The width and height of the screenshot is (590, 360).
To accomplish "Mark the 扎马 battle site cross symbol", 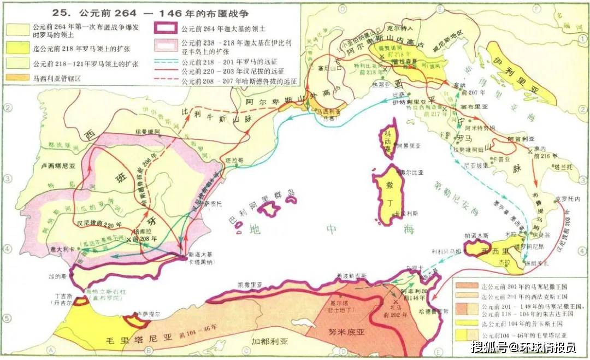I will pyautogui.click(x=394, y=301).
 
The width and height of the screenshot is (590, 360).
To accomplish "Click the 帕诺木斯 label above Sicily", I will pyautogui.click(x=473, y=237).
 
